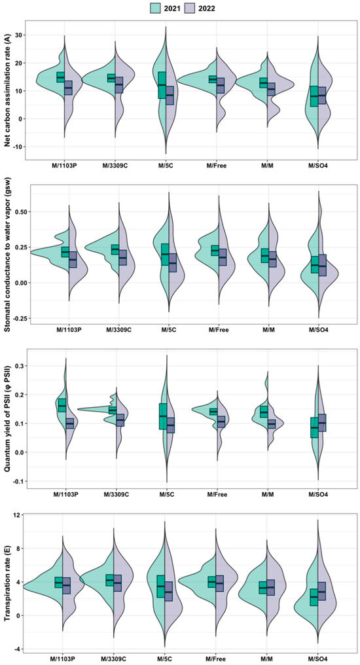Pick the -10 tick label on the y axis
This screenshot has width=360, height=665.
[x=18, y=147]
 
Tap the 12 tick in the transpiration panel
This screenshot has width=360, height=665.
[x=20, y=514]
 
